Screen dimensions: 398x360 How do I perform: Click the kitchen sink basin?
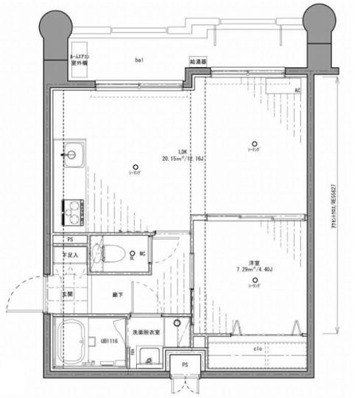pos(73,158)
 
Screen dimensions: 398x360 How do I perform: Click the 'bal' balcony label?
pos(138,58)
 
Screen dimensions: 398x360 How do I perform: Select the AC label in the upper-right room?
pos(297,91)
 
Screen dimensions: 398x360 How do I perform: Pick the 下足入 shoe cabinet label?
pos(69,256)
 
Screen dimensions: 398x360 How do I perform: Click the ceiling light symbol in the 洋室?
pos(255,279)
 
